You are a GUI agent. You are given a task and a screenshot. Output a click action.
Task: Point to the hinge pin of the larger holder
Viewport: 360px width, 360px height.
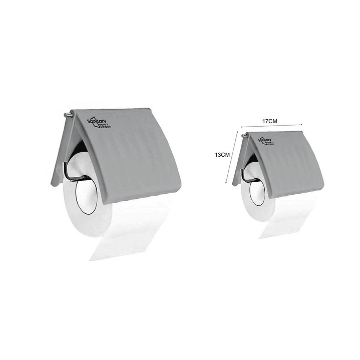coord(67,115)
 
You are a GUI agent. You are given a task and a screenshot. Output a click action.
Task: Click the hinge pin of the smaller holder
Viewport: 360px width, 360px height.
coord(244,135)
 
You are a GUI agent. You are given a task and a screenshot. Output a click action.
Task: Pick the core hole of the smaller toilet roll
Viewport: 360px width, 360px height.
coord(257,192)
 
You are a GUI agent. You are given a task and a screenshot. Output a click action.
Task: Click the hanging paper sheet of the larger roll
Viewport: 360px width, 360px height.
coord(131,230)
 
